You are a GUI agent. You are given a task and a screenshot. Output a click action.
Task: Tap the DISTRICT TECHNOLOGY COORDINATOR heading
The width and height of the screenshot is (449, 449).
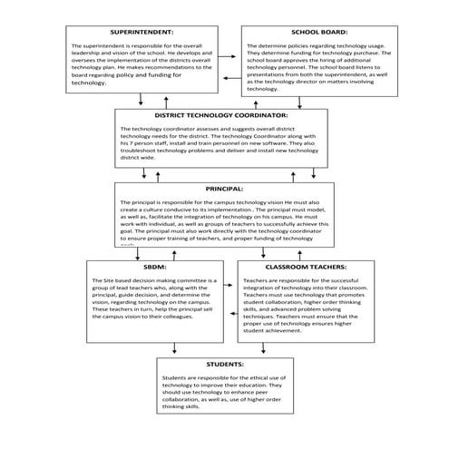point(220,116)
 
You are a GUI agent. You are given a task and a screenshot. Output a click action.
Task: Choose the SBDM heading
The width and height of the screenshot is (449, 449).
point(149,268)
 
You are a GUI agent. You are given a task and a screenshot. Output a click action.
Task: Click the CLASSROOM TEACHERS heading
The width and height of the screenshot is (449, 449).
point(306,268)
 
